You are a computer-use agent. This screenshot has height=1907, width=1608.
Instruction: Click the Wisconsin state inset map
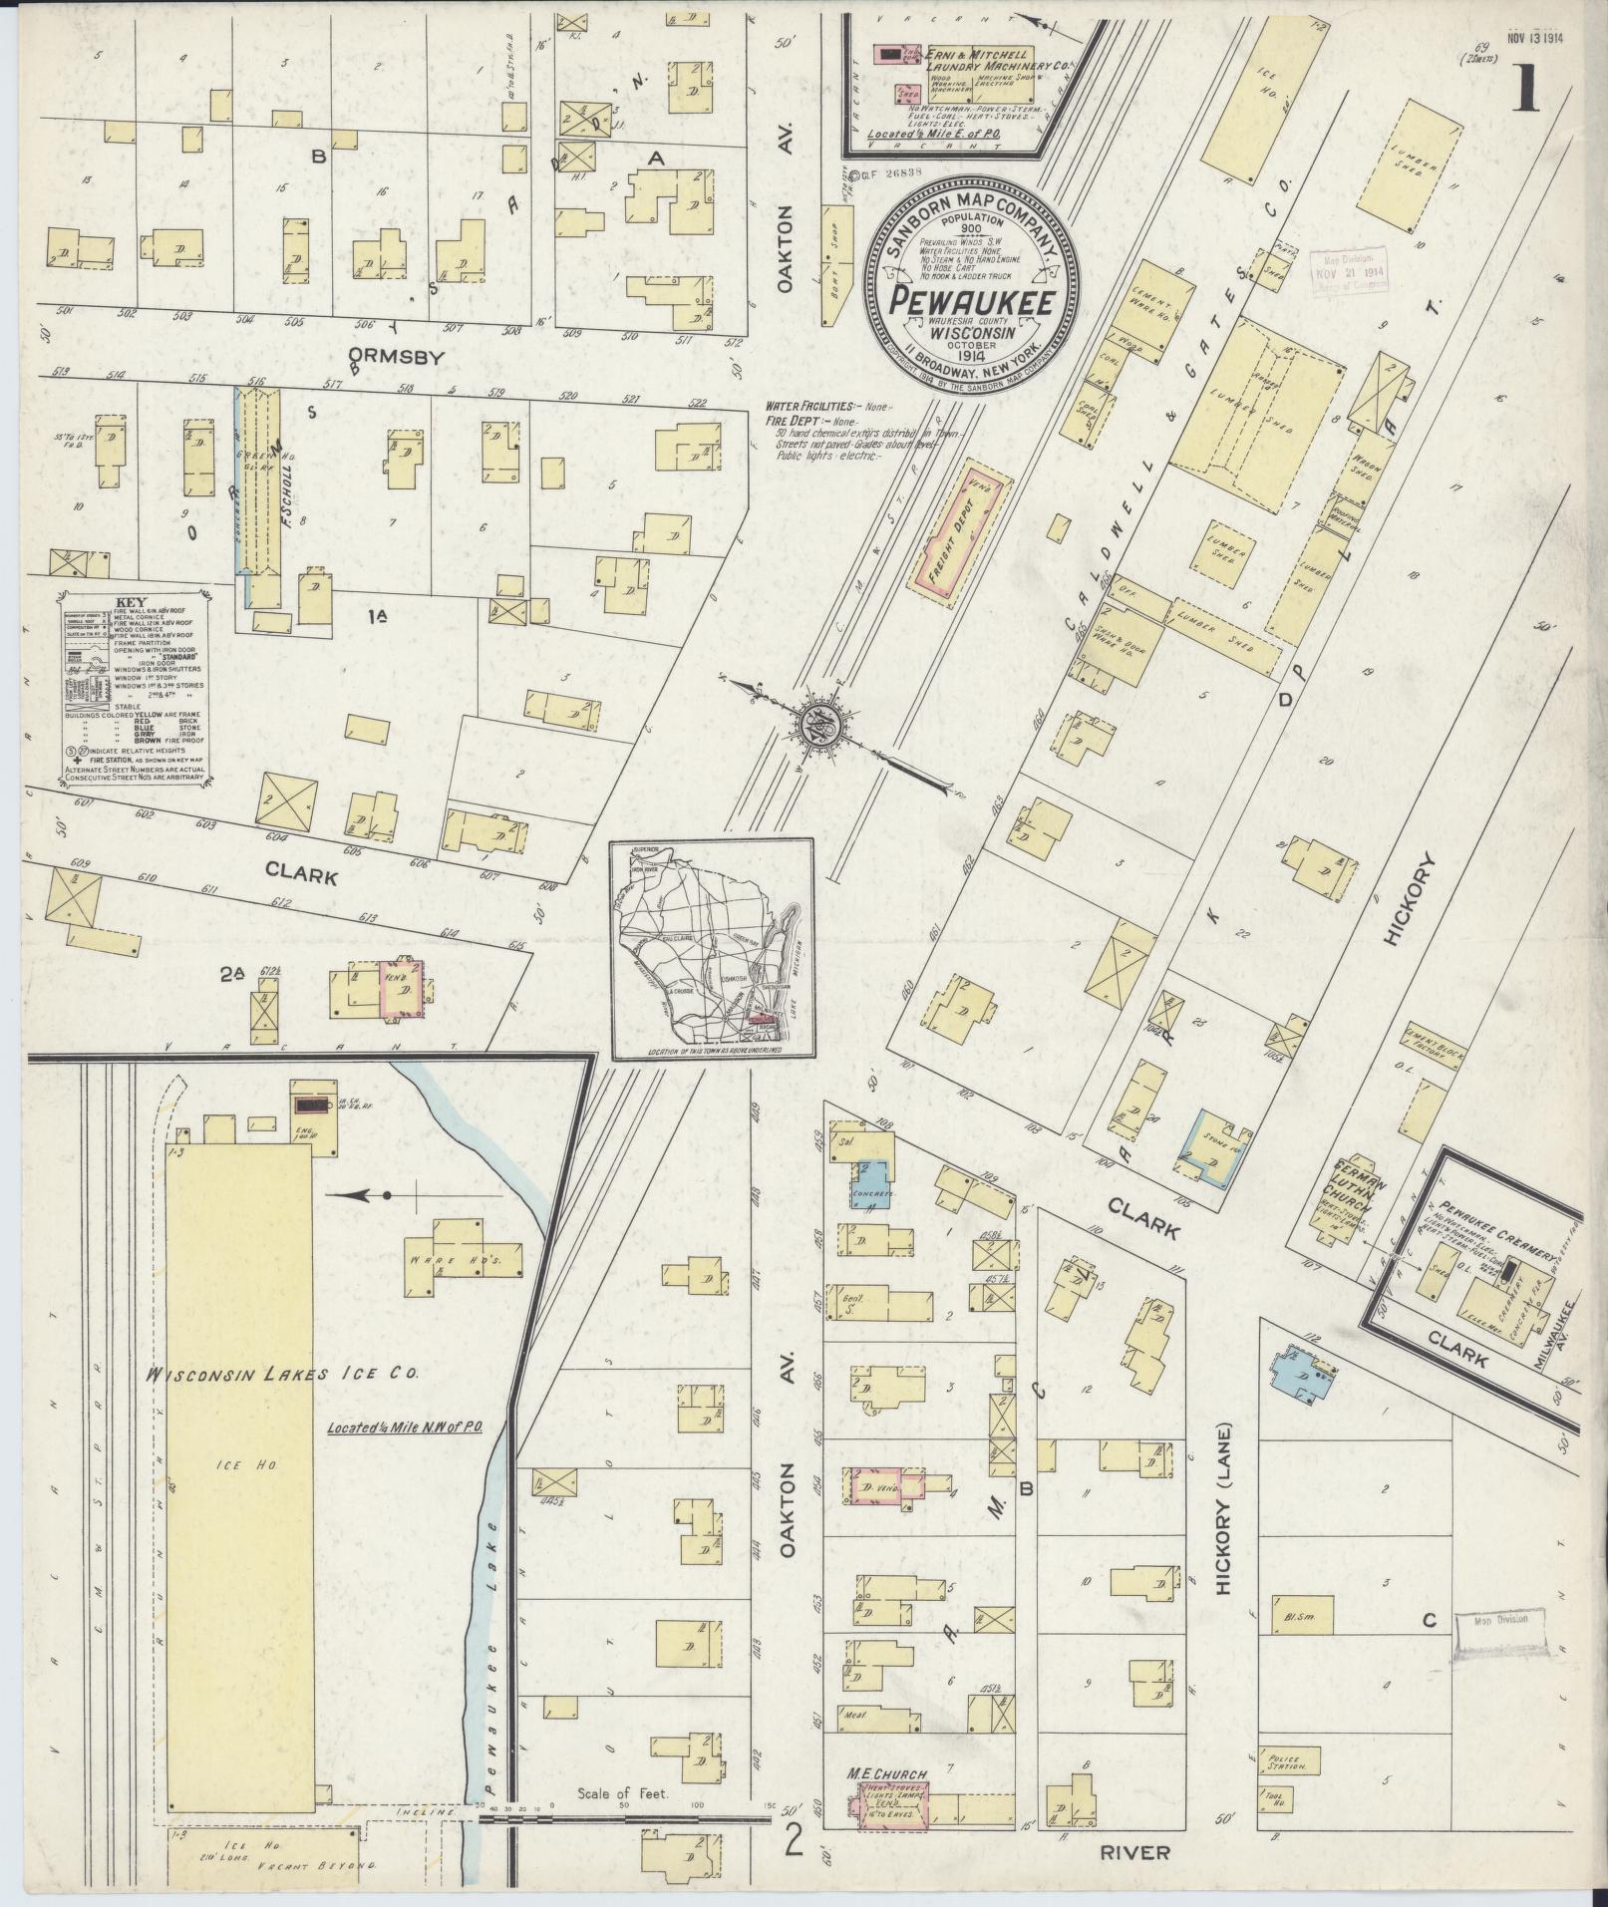click(x=711, y=948)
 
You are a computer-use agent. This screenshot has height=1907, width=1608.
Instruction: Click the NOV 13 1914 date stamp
click(x=1534, y=11)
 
